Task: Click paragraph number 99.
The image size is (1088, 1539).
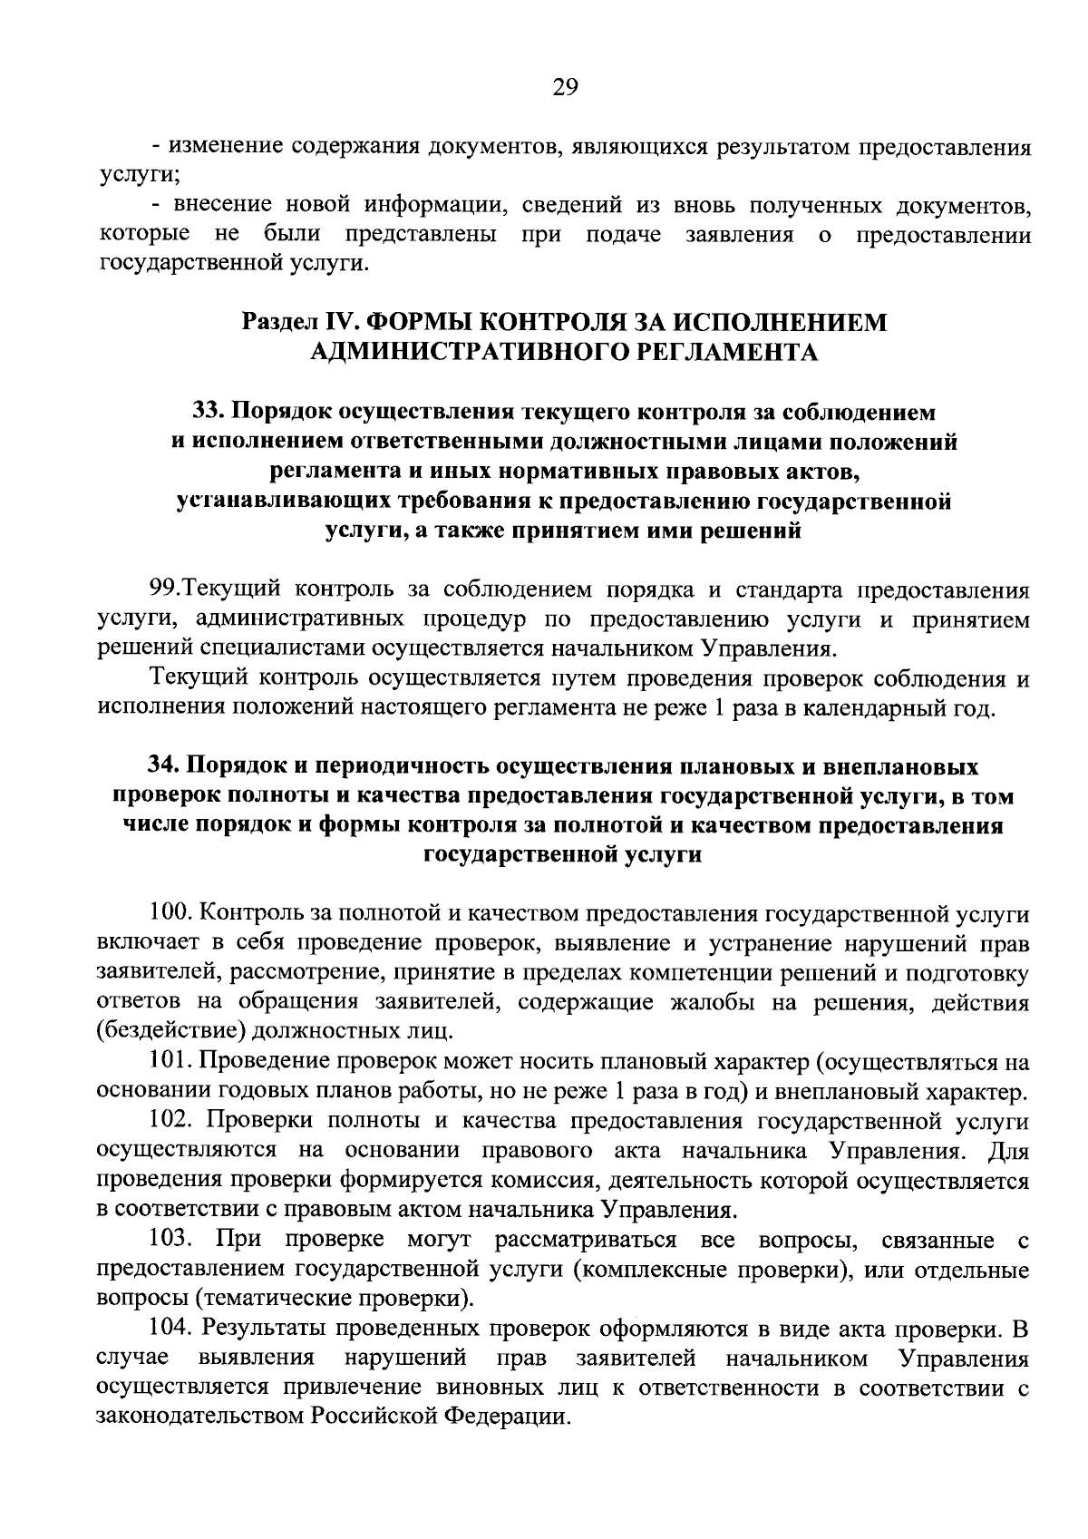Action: pyautogui.click(x=167, y=590)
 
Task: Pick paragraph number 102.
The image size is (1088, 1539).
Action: pyautogui.click(x=170, y=1122)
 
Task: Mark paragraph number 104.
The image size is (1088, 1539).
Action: pyautogui.click(x=170, y=1330)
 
